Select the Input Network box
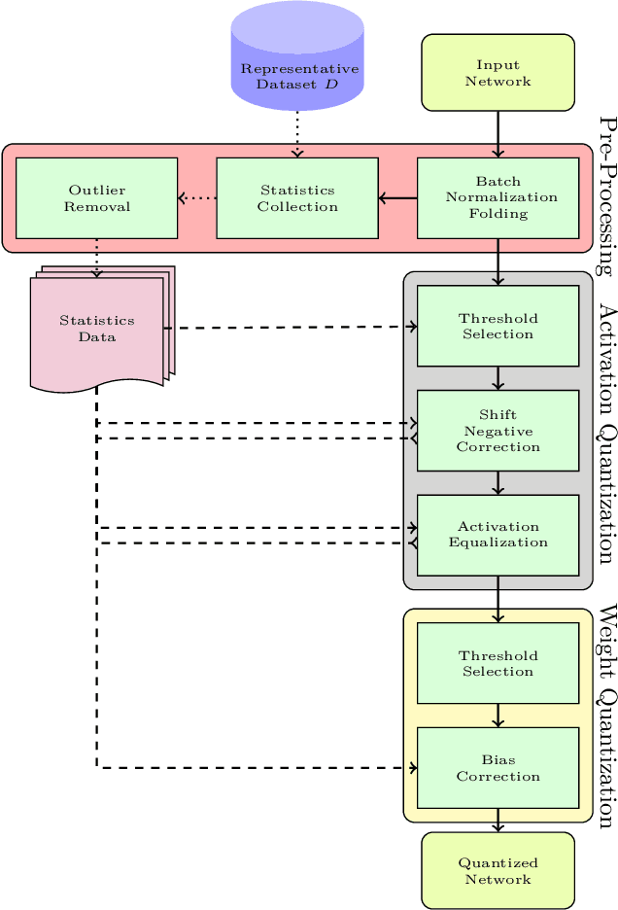click(498, 73)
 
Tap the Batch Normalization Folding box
click(498, 197)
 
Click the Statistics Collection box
click(297, 197)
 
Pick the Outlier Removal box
click(97, 197)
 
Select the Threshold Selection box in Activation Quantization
click(498, 326)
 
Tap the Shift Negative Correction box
click(498, 430)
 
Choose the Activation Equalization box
click(498, 535)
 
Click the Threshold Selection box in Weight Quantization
click(498, 663)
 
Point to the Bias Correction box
click(498, 767)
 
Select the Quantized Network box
click(498, 870)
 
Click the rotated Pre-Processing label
click(606, 197)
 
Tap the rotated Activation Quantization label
click(606, 428)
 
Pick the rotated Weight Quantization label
click(606, 716)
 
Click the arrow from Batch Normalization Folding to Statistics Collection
click(397, 198)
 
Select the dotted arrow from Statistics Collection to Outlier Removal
click(196, 198)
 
